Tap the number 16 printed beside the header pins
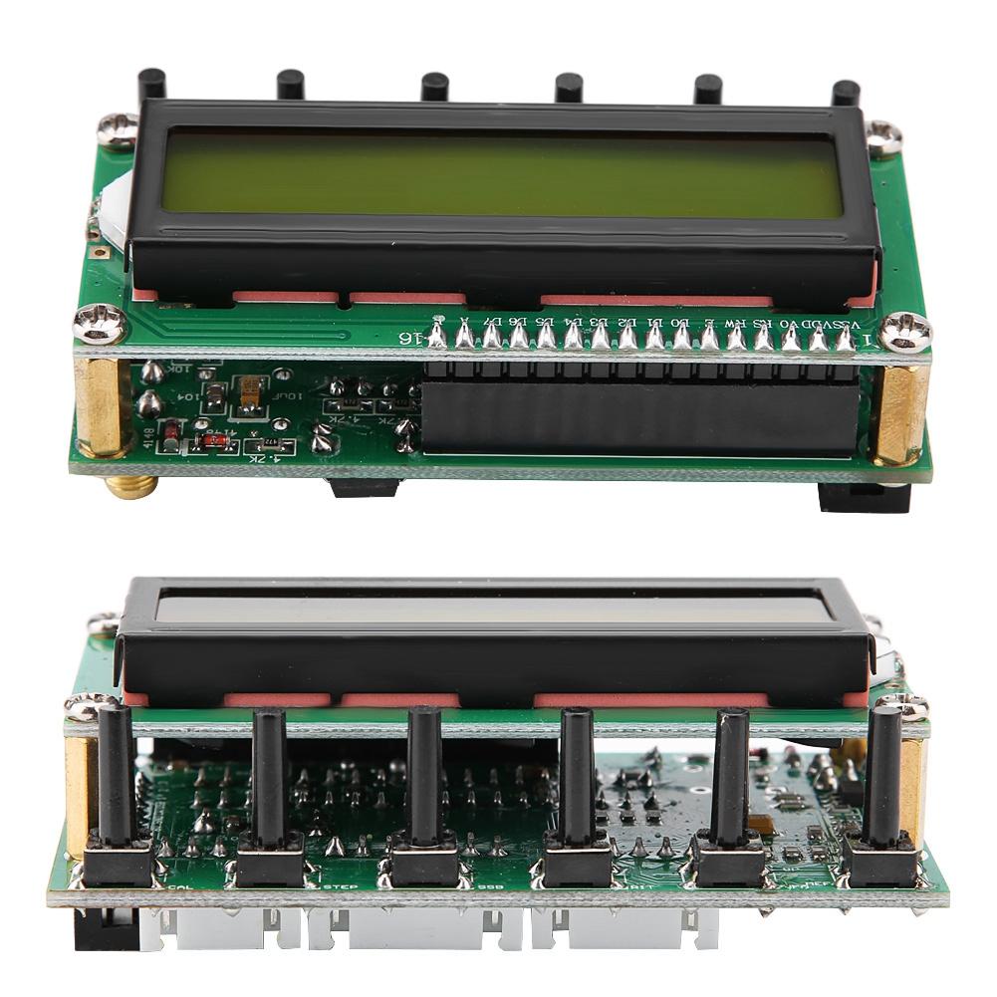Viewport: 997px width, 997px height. point(409,339)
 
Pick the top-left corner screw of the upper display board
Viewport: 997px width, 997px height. point(118,128)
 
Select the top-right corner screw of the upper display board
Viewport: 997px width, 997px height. point(883,137)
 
